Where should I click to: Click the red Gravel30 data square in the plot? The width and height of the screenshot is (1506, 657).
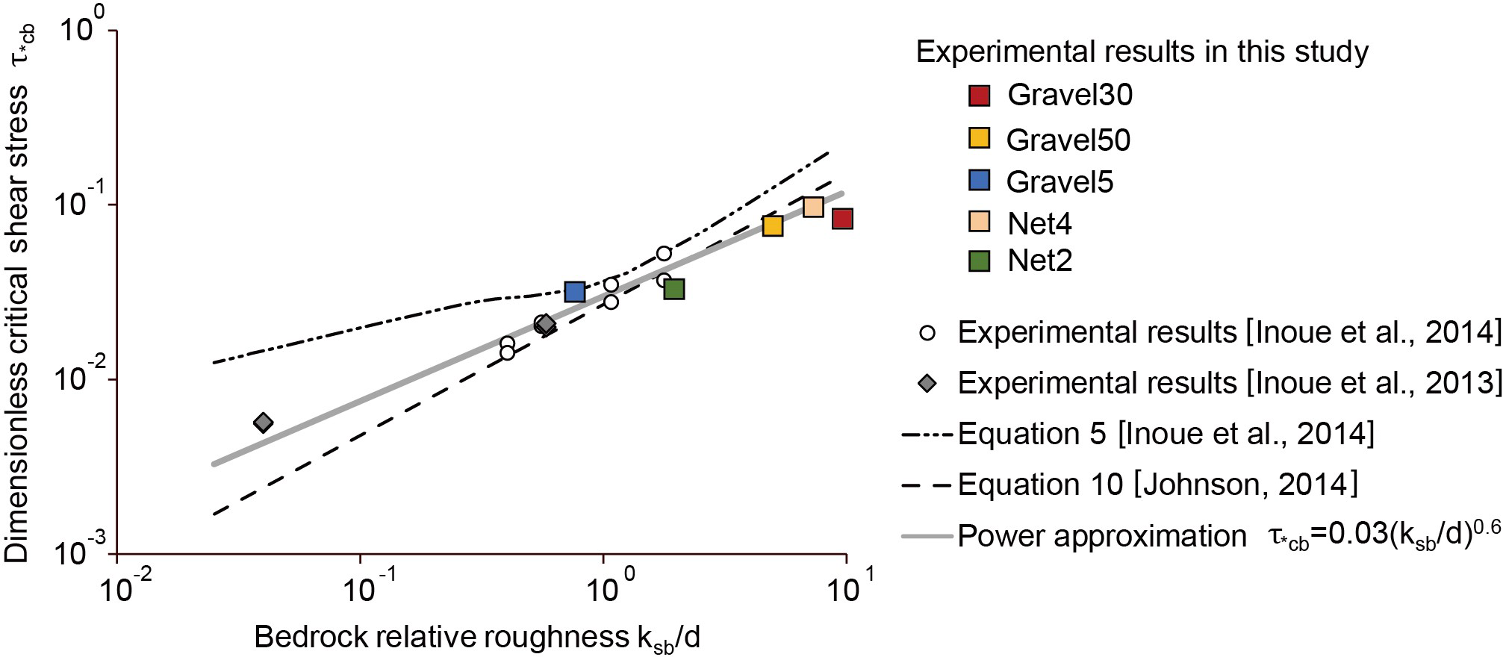tap(842, 219)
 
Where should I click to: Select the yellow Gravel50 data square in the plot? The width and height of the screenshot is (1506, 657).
tap(773, 225)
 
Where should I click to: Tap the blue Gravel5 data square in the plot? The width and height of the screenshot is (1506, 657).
tap(574, 292)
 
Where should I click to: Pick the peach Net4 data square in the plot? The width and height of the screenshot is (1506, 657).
tap(813, 207)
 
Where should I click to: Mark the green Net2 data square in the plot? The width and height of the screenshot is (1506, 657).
tap(674, 289)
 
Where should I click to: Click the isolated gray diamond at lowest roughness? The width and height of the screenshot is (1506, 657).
tap(263, 423)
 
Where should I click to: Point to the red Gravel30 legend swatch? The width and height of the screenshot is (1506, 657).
tap(979, 96)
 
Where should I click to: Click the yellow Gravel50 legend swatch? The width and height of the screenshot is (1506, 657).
tap(979, 139)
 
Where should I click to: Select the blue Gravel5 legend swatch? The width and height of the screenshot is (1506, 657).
tap(979, 181)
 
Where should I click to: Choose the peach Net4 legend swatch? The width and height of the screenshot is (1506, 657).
tap(979, 222)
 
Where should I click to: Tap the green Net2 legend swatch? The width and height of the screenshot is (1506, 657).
tap(979, 261)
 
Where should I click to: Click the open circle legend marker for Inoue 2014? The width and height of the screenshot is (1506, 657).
tap(928, 333)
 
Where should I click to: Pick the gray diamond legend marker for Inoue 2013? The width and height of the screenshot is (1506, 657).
tap(928, 384)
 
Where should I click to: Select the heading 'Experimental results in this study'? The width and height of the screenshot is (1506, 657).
tap(1142, 52)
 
